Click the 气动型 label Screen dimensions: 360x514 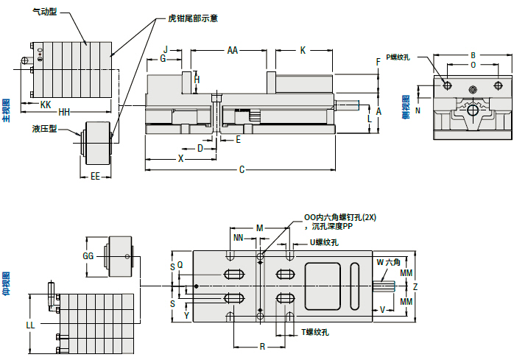(x=45, y=12)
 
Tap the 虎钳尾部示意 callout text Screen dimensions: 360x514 (x=193, y=18)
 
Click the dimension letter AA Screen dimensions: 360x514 (x=232, y=51)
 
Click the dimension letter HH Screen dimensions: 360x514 (x=64, y=113)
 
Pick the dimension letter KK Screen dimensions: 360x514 (x=46, y=105)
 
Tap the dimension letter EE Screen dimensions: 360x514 (x=95, y=177)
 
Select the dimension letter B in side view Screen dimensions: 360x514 (x=473, y=55)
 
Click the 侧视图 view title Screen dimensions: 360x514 (x=406, y=107)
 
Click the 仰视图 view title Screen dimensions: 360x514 (x=7, y=283)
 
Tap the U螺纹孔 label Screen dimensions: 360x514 (x=323, y=242)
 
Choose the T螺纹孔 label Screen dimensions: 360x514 (x=314, y=333)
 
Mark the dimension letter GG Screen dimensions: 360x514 (x=89, y=256)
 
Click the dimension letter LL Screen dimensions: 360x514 (x=30, y=325)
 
